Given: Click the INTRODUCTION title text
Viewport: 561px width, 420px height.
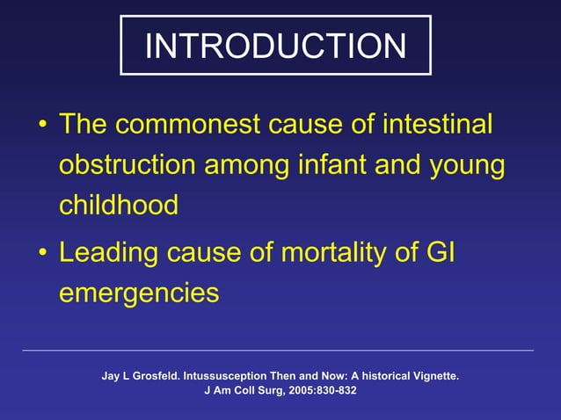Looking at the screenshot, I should (275, 46).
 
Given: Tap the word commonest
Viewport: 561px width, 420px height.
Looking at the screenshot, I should (187, 124).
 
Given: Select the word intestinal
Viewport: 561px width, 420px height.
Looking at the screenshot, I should (436, 124).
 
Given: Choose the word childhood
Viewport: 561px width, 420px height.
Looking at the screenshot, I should (119, 205).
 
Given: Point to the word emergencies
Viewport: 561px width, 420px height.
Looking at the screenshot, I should (139, 293).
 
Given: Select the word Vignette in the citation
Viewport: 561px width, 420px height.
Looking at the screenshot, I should (432, 376).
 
